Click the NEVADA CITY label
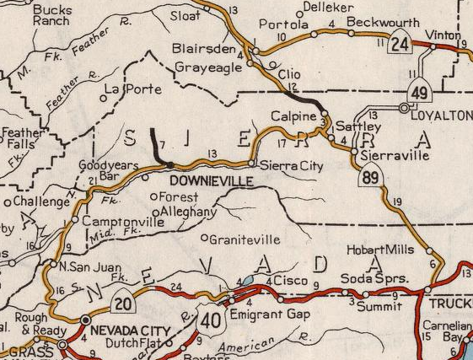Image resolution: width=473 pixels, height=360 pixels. (126, 330)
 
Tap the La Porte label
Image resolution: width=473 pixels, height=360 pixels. (124, 89)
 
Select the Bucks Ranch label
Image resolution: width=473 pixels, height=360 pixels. (51, 13)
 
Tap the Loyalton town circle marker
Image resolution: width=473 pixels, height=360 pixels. (404, 108)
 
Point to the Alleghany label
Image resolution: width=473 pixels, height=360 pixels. (188, 212)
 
